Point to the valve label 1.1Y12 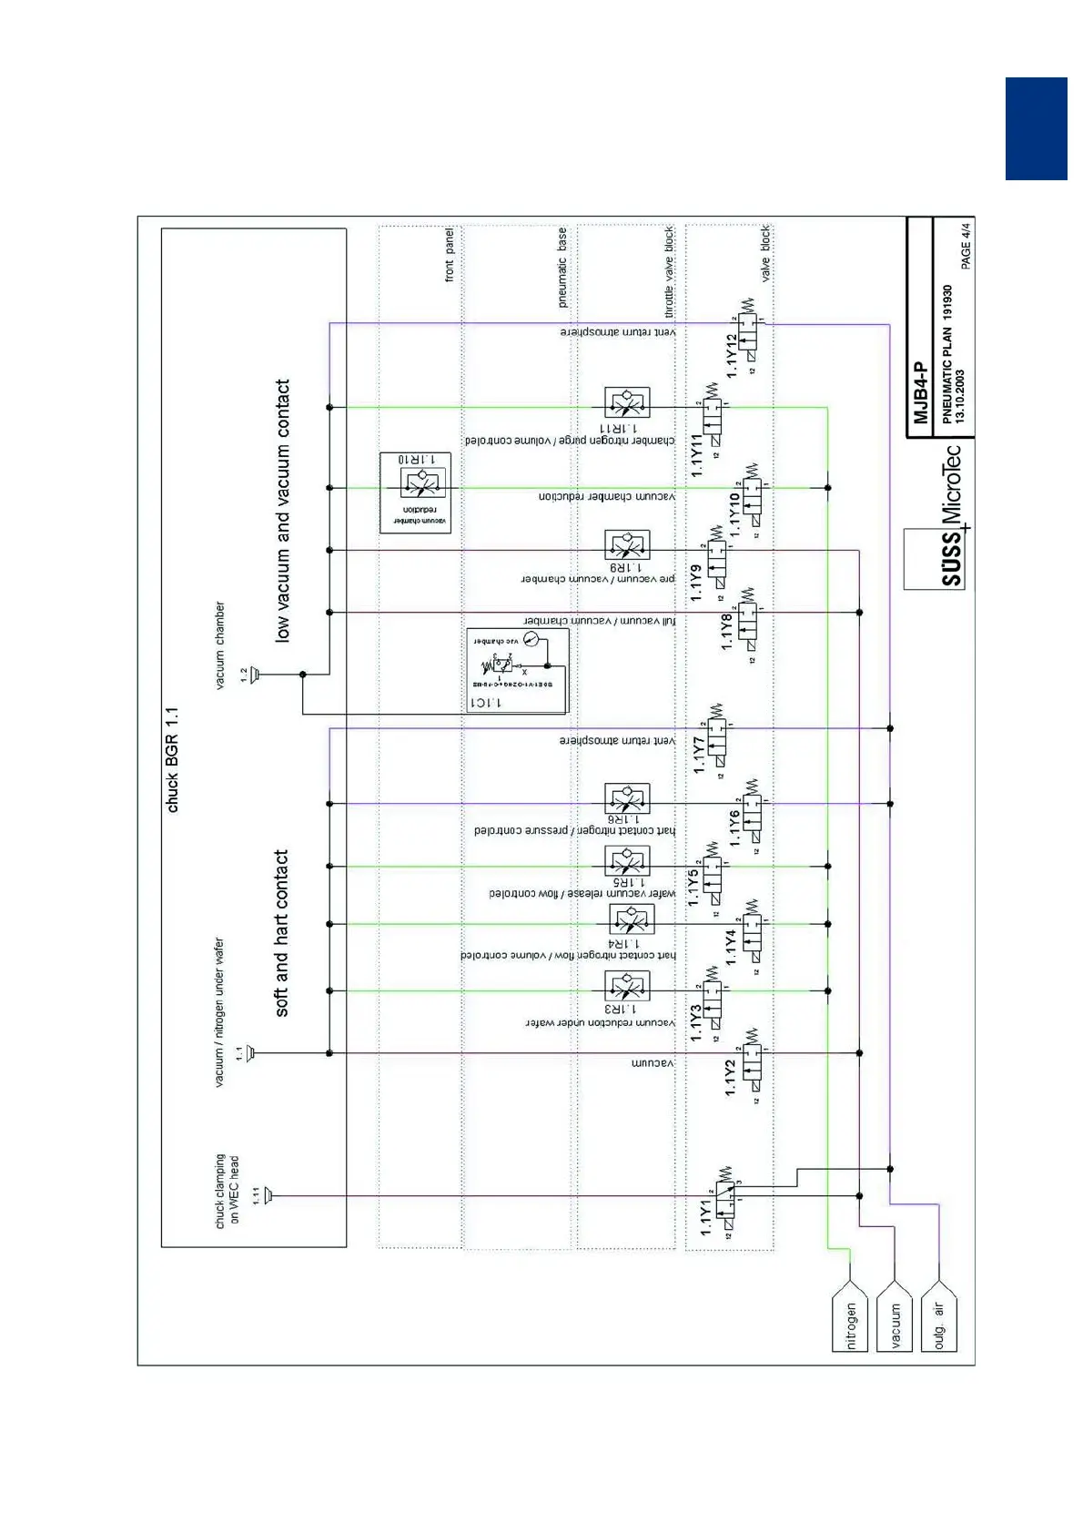(x=732, y=356)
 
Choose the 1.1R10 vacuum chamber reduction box (x=415, y=492)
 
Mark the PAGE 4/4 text (x=966, y=243)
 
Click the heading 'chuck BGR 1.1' (x=173, y=759)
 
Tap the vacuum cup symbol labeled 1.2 (x=255, y=675)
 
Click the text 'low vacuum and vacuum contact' (x=282, y=511)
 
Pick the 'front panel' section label (x=449, y=256)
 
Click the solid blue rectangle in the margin (x=1036, y=128)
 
